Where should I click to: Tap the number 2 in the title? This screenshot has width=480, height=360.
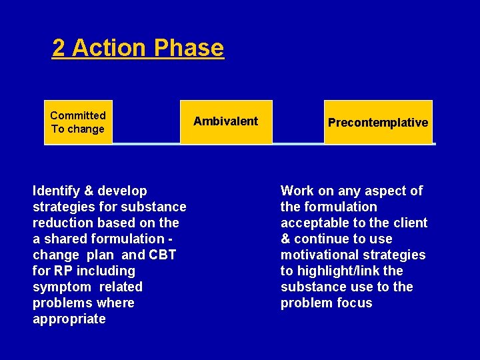pos(59,48)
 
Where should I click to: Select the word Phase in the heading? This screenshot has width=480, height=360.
pos(189,48)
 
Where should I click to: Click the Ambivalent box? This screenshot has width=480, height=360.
pos(226,121)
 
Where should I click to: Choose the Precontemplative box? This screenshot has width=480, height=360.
pos(378,122)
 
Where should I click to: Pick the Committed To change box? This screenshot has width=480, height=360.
pos(78,122)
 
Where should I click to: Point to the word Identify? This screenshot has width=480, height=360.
pos(56,191)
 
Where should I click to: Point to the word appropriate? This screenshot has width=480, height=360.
pos(69,319)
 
